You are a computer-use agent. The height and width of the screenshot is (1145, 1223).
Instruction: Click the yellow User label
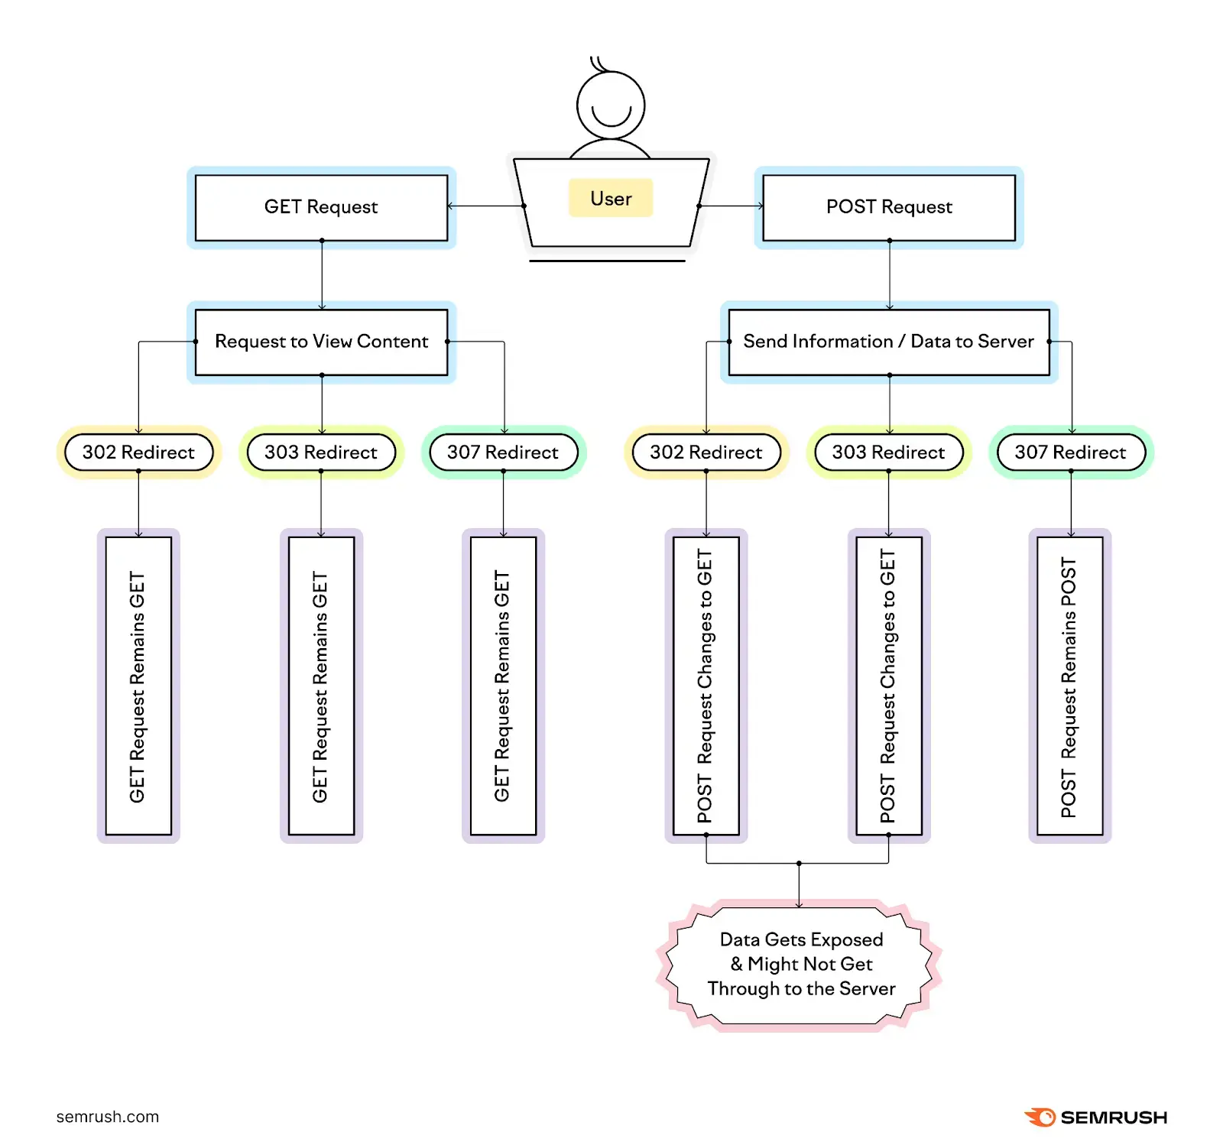pos(610,198)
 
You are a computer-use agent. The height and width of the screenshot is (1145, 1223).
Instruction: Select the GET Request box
pos(321,207)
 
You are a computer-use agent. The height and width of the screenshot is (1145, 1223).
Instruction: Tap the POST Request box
pos(888,207)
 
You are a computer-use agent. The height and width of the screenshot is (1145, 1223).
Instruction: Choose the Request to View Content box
pos(321,342)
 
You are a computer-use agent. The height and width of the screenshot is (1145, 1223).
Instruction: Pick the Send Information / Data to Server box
pos(888,342)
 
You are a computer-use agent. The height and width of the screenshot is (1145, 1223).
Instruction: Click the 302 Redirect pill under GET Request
pos(138,452)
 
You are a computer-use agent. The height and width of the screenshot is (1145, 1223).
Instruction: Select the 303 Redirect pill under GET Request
pos(321,452)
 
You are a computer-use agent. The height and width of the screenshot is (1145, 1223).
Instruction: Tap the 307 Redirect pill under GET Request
pos(503,452)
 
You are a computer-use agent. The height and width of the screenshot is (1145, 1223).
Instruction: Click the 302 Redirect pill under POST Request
pos(706,452)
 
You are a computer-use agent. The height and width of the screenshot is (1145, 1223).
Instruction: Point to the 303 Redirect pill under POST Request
pos(888,452)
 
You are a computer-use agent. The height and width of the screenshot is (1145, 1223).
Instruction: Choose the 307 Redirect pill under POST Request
pos(1070,452)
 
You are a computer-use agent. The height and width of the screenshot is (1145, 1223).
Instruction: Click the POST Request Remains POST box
pos(1069,686)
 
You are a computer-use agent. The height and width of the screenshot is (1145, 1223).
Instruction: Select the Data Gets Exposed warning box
pos(800,965)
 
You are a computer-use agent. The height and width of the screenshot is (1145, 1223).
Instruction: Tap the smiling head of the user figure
pos(611,105)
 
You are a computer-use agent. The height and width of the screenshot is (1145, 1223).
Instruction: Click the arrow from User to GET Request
pos(485,206)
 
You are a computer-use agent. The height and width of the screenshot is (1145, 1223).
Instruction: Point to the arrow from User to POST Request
pos(732,206)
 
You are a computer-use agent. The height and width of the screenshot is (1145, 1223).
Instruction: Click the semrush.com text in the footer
pos(108,1117)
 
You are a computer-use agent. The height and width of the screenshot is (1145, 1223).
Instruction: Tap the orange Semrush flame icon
pos(1039,1117)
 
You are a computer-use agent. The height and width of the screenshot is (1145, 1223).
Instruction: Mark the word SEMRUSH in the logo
pos(1114,1117)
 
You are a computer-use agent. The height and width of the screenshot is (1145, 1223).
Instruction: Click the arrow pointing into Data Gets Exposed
pos(799,887)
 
